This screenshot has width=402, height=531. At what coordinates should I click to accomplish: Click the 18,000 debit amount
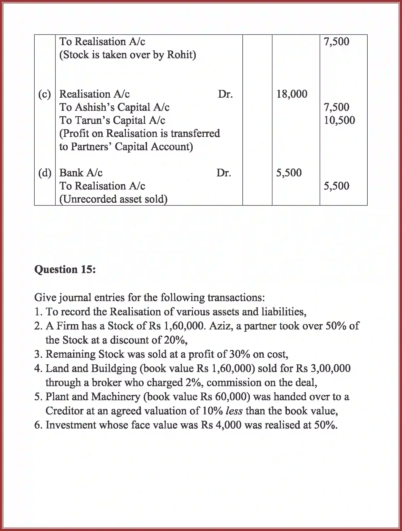click(x=292, y=94)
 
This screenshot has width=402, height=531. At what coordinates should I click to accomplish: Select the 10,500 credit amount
click(x=339, y=120)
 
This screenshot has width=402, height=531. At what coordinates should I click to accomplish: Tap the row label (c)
click(x=45, y=94)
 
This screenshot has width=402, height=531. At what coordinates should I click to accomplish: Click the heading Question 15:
click(x=65, y=269)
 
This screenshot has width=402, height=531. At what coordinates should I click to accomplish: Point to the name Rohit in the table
click(x=181, y=55)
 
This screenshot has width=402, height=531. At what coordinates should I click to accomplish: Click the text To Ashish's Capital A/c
click(x=114, y=107)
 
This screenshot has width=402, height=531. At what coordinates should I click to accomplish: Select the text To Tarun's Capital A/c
click(x=112, y=120)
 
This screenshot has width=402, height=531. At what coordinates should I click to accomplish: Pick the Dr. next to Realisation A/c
click(x=225, y=94)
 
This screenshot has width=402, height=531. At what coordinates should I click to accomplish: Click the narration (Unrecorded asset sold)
click(x=113, y=199)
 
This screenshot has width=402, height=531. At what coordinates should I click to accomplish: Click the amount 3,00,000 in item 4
click(x=330, y=368)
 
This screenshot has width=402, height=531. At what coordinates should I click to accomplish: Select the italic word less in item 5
click(x=234, y=411)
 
